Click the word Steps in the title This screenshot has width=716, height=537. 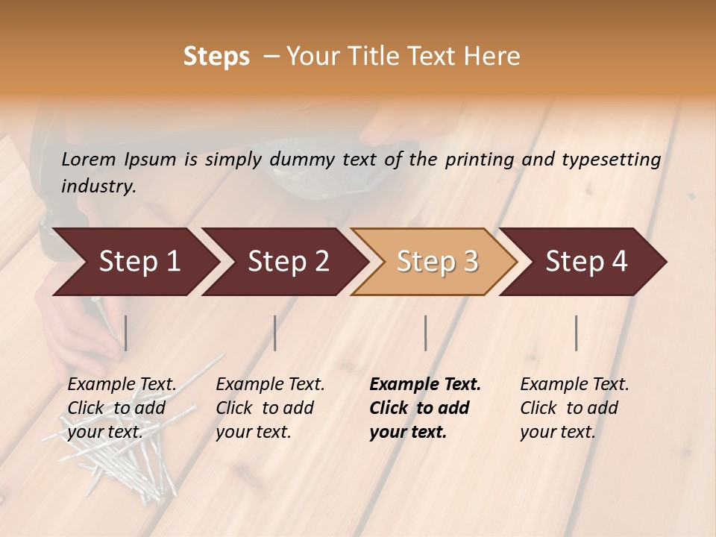[216, 57]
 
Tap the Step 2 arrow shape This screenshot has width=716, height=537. [288, 262]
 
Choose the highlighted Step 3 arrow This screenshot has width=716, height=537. [437, 262]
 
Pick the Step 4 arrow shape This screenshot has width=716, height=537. [586, 262]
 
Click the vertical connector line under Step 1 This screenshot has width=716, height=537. [126, 333]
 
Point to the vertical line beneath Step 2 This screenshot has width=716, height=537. [275, 333]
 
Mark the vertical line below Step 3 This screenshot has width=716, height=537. [426, 333]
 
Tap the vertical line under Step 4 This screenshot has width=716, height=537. [577, 333]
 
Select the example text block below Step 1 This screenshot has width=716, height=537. [122, 407]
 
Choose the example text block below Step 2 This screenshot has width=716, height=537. [270, 407]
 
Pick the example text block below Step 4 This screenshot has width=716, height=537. [574, 407]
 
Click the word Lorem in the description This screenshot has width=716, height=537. [89, 160]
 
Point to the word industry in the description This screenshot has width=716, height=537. [98, 186]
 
